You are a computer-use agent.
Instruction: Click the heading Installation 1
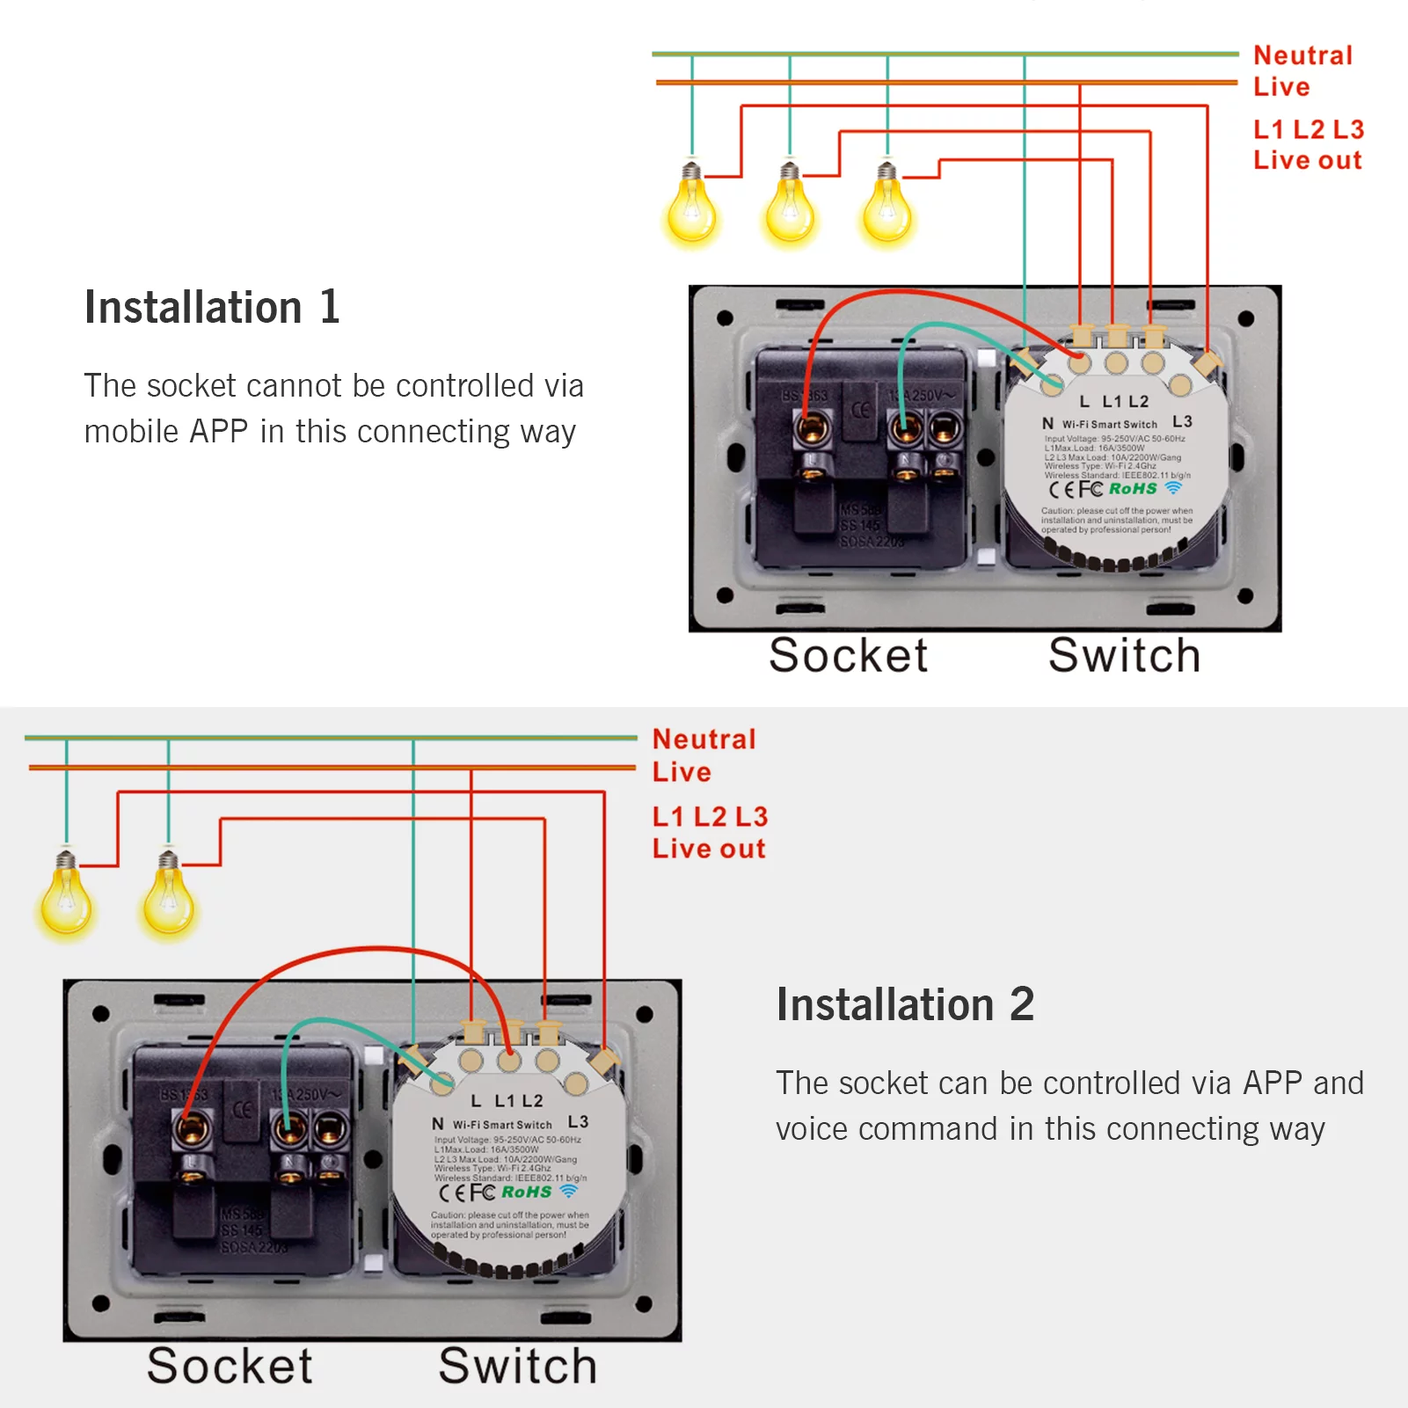[x=212, y=308]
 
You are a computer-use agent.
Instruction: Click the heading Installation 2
[x=905, y=1005]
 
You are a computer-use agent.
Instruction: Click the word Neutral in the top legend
[x=1302, y=55]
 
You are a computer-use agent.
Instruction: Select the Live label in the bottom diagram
[x=682, y=772]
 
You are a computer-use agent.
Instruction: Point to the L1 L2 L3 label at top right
[x=1308, y=129]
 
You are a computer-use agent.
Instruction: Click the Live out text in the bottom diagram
[x=709, y=849]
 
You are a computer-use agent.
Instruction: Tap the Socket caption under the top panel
[x=848, y=656]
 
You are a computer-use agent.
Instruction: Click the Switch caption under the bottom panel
[x=518, y=1367]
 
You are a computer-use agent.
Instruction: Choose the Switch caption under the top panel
[x=1124, y=656]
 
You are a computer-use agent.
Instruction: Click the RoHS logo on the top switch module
[x=1133, y=488]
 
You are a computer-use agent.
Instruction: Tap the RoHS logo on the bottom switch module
[x=526, y=1192]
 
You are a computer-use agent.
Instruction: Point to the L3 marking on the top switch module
[x=1182, y=422]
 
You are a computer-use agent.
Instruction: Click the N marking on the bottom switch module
[x=438, y=1124]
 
